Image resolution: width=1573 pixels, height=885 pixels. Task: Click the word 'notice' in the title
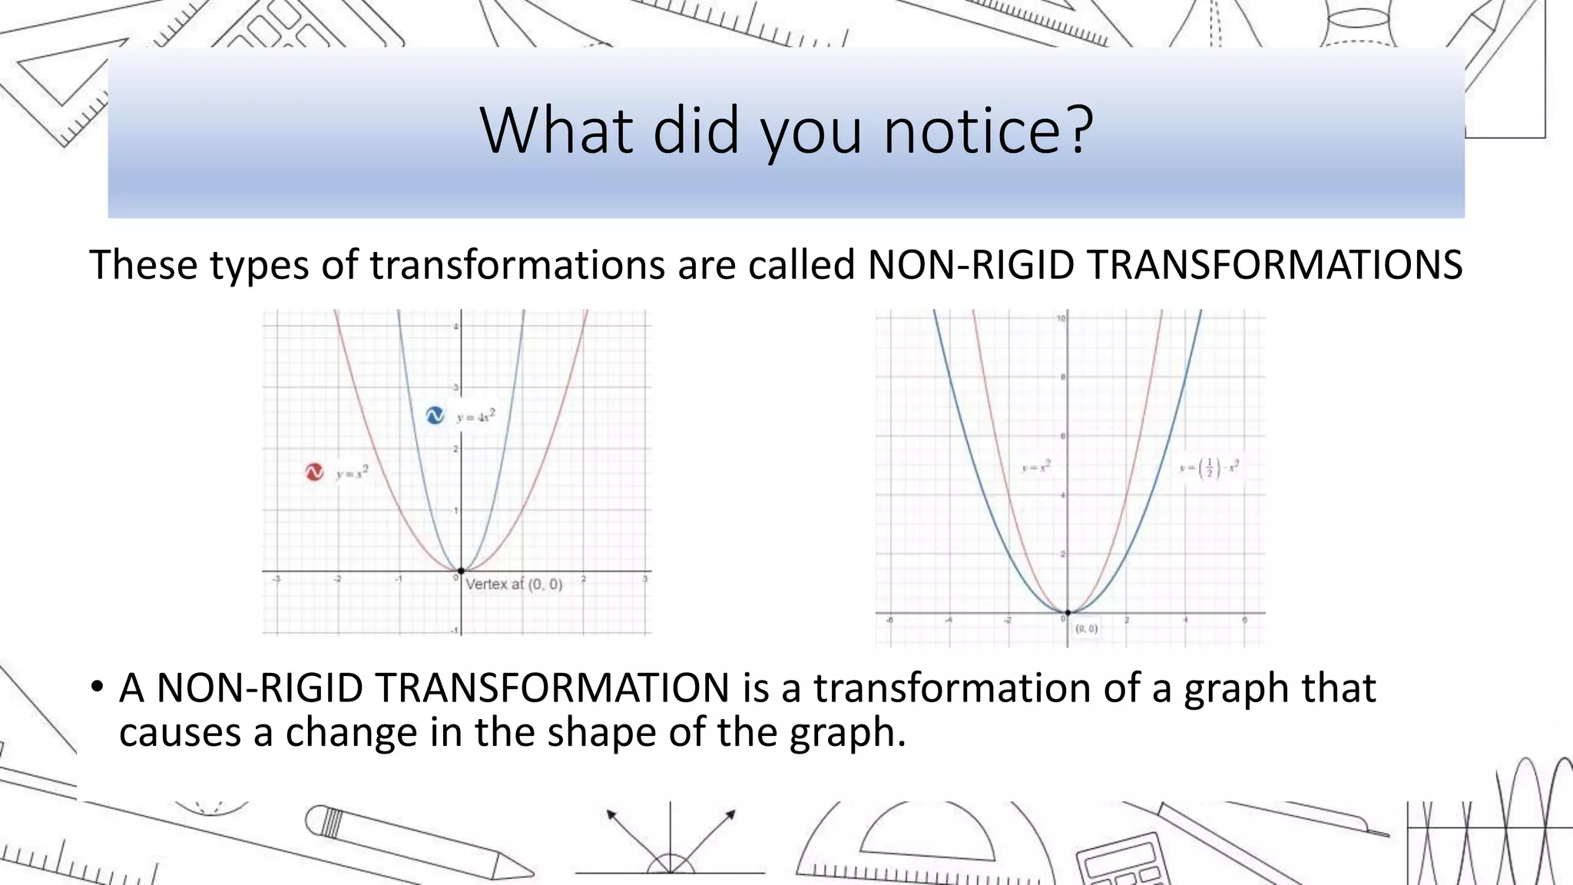971,131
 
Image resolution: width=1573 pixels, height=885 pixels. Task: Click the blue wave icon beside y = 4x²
435,416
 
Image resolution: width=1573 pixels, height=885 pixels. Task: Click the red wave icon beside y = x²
314,472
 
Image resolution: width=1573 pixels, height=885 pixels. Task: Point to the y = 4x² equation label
476,416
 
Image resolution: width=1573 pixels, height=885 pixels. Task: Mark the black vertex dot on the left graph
461,572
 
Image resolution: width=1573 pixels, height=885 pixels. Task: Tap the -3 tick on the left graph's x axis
277,579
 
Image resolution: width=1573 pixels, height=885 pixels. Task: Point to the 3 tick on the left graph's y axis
455,388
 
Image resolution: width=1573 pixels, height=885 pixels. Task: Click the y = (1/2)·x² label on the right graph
1210,468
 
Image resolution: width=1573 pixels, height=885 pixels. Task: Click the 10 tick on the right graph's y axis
1061,318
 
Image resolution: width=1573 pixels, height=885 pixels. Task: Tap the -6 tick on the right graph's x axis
889,620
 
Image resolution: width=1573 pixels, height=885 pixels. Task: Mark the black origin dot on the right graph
1068,613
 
